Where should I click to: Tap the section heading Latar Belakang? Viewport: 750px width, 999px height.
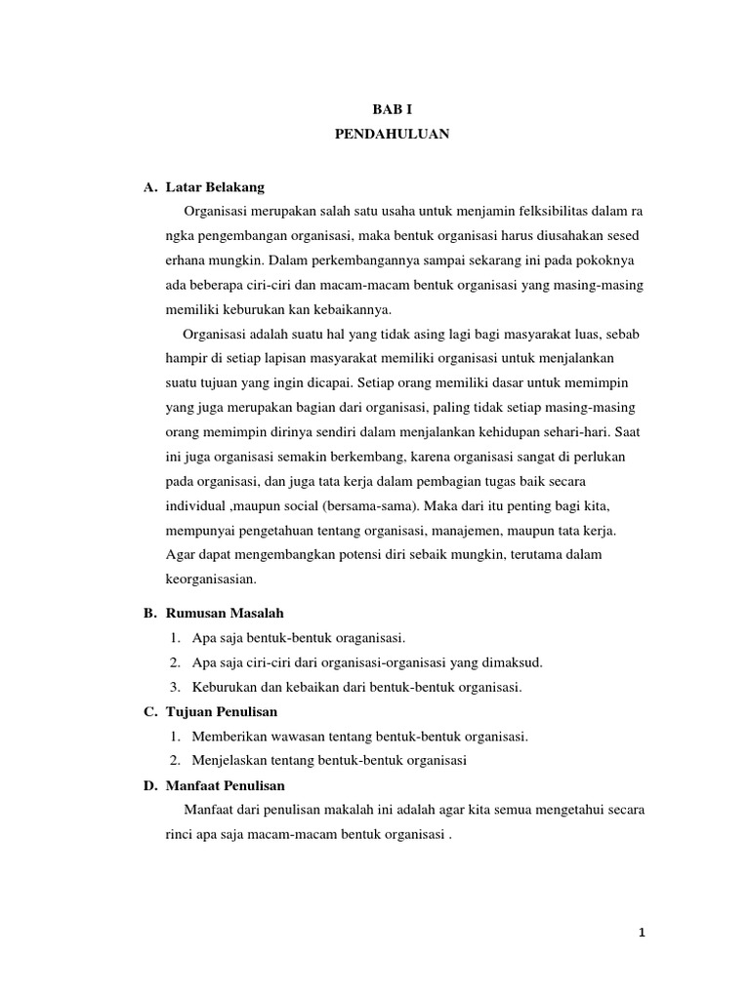click(215, 186)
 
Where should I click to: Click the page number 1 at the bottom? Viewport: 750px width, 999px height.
click(642, 933)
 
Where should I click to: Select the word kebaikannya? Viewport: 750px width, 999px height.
click(351, 310)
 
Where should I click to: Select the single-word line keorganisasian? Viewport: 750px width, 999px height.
click(210, 579)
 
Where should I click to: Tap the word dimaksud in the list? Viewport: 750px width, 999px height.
click(506, 662)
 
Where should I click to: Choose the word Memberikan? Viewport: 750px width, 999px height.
click(227, 737)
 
